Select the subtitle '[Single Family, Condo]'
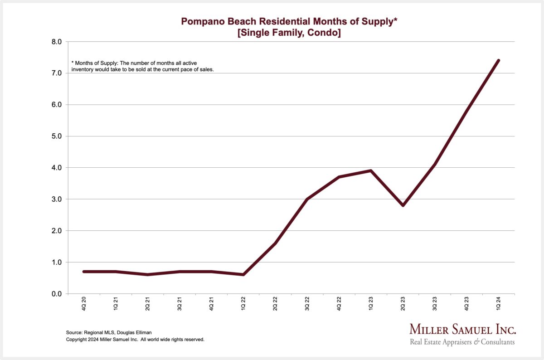coord(289,33)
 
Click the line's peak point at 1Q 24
coord(498,60)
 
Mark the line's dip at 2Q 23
coord(403,205)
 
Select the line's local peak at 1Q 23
coord(371,171)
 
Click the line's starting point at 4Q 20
coord(84,272)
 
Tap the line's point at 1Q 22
coord(243,274)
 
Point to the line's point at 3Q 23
coord(434,165)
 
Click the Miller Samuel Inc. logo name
coord(462,330)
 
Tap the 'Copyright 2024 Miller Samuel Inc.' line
coord(135,339)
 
